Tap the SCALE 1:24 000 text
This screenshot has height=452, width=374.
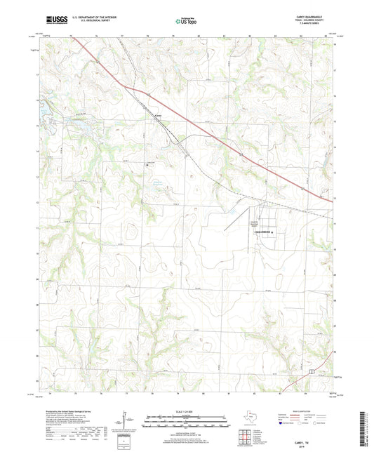coord(186,412)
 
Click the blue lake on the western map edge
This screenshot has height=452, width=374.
coord(45,112)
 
